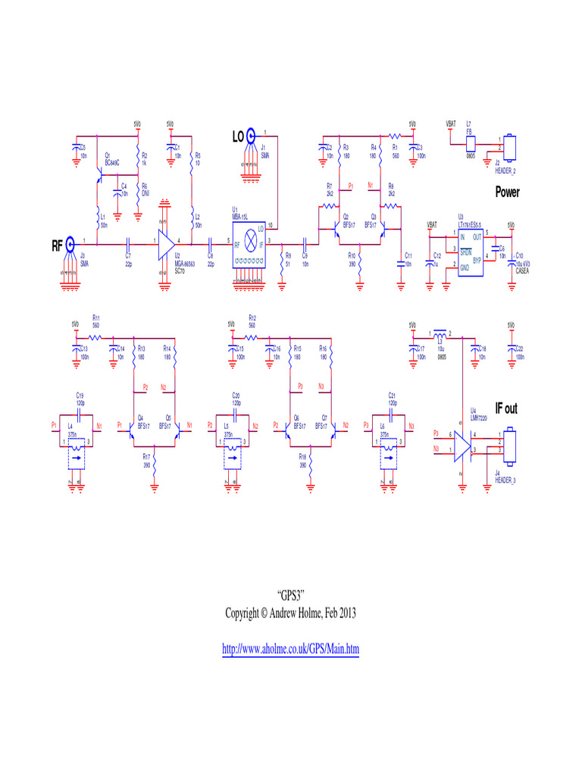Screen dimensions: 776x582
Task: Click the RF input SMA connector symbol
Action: pyautogui.click(x=70, y=244)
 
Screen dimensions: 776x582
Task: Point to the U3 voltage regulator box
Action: pyautogui.click(x=471, y=249)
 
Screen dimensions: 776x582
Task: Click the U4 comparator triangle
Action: pyautogui.click(x=462, y=446)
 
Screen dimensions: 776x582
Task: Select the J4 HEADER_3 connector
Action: pyautogui.click(x=510, y=446)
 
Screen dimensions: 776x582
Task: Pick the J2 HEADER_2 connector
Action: pyautogui.click(x=510, y=145)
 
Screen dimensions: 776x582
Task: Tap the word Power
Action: pyautogui.click(x=507, y=192)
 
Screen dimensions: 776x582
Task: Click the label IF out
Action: pyautogui.click(x=506, y=409)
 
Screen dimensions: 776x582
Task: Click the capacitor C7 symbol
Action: pyautogui.click(x=128, y=243)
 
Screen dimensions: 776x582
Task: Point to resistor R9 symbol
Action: pyautogui.click(x=281, y=261)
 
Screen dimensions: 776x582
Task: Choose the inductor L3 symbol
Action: pyautogui.click(x=440, y=334)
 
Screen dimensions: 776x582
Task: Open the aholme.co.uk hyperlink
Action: pyautogui.click(x=290, y=649)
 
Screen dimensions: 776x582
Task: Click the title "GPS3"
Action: pyautogui.click(x=290, y=596)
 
